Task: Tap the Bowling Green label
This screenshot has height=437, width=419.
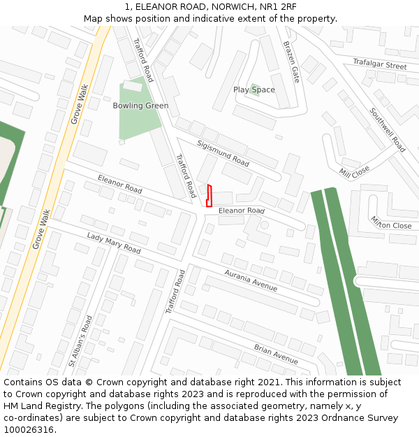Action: click(140, 106)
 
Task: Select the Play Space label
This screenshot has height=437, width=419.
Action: click(254, 89)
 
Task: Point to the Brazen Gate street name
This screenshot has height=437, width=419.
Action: click(291, 62)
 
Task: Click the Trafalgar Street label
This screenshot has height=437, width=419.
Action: click(379, 65)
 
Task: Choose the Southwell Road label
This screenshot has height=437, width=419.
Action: click(388, 129)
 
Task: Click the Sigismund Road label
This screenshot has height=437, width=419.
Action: click(223, 153)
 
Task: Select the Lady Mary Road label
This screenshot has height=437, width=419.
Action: click(114, 243)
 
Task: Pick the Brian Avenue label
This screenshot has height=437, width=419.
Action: click(276, 354)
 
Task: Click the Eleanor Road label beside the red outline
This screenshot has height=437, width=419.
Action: click(242, 210)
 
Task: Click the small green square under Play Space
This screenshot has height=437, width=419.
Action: click(256, 89)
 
